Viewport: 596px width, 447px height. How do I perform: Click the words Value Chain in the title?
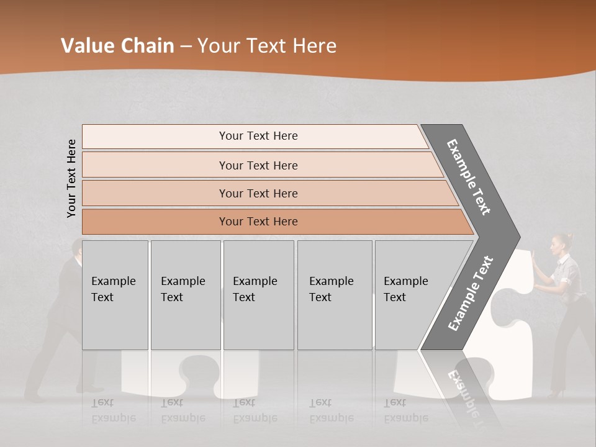[117, 46]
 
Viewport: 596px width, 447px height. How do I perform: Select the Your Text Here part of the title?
[267, 46]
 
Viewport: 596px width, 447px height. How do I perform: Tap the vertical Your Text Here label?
[71, 178]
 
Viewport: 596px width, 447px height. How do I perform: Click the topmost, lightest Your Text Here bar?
[258, 136]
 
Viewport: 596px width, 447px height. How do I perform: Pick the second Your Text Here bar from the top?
[258, 165]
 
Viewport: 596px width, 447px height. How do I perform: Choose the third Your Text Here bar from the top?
[258, 193]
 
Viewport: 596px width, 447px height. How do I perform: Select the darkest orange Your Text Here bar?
[258, 222]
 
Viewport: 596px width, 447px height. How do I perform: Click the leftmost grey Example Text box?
[115, 295]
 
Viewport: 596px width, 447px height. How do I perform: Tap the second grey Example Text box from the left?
[185, 295]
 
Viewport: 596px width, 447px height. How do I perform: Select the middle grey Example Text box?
[258, 295]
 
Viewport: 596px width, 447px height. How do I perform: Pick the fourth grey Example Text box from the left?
[334, 295]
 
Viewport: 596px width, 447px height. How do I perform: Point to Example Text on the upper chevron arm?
[469, 178]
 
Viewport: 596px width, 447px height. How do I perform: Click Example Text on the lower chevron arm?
[471, 293]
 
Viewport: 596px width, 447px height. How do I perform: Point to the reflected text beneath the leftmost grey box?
[114, 410]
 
